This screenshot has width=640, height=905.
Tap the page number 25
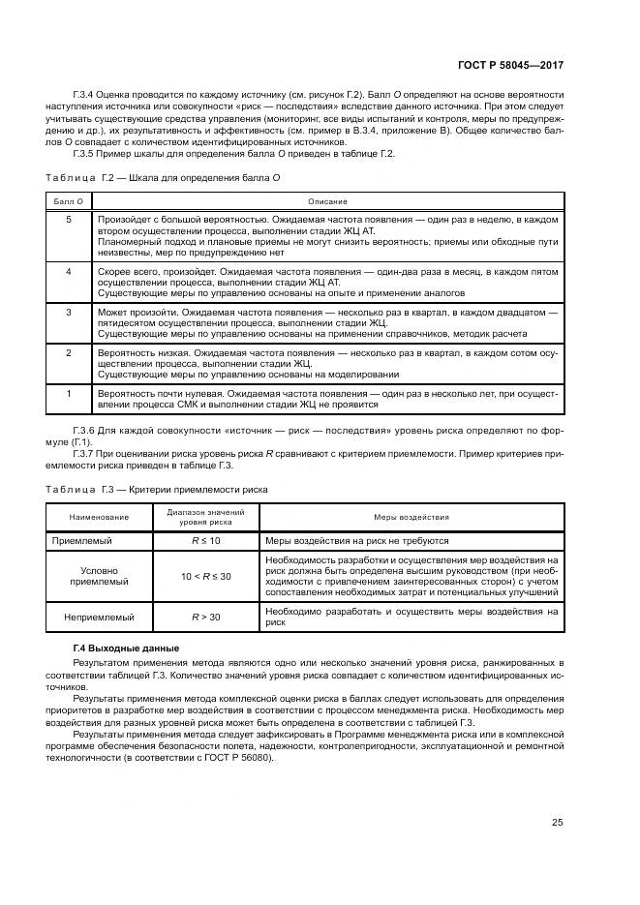pyautogui.click(x=557, y=823)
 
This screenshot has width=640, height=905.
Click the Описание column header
pyautogui.click(x=327, y=200)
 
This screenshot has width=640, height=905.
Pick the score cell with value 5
pyautogui.click(x=68, y=221)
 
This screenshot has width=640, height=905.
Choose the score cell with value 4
pyautogui.click(x=68, y=272)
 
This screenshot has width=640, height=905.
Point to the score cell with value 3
pyautogui.click(x=68, y=313)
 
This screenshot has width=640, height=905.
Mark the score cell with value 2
pyautogui.click(x=68, y=353)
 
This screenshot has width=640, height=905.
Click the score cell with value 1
pyautogui.click(x=68, y=394)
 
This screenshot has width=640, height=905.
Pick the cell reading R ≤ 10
pyautogui.click(x=205, y=540)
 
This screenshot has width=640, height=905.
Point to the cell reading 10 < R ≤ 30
pyautogui.click(x=205, y=576)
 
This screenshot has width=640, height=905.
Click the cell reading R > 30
pyautogui.click(x=205, y=616)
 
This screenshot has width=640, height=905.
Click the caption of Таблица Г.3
pyautogui.click(x=156, y=490)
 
